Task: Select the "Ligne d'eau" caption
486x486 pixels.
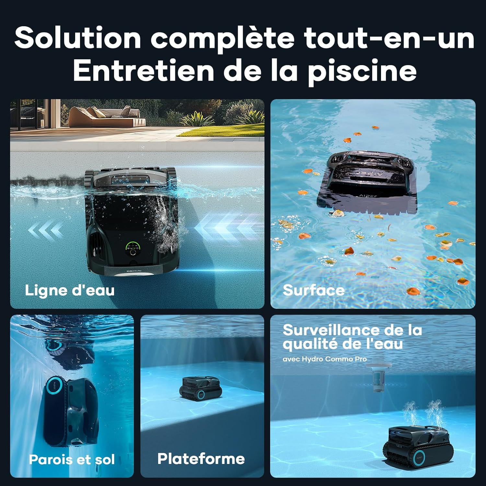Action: click(x=70, y=290)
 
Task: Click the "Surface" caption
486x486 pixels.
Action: click(x=314, y=290)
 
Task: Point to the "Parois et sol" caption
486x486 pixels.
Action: click(x=72, y=459)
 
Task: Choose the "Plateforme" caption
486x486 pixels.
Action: click(x=201, y=458)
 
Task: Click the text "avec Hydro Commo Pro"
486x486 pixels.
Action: click(x=325, y=359)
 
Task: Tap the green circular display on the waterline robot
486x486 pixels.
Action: click(x=133, y=248)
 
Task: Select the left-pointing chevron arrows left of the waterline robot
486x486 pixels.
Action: click(x=45, y=230)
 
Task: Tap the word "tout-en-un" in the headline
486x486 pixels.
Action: click(x=389, y=38)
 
